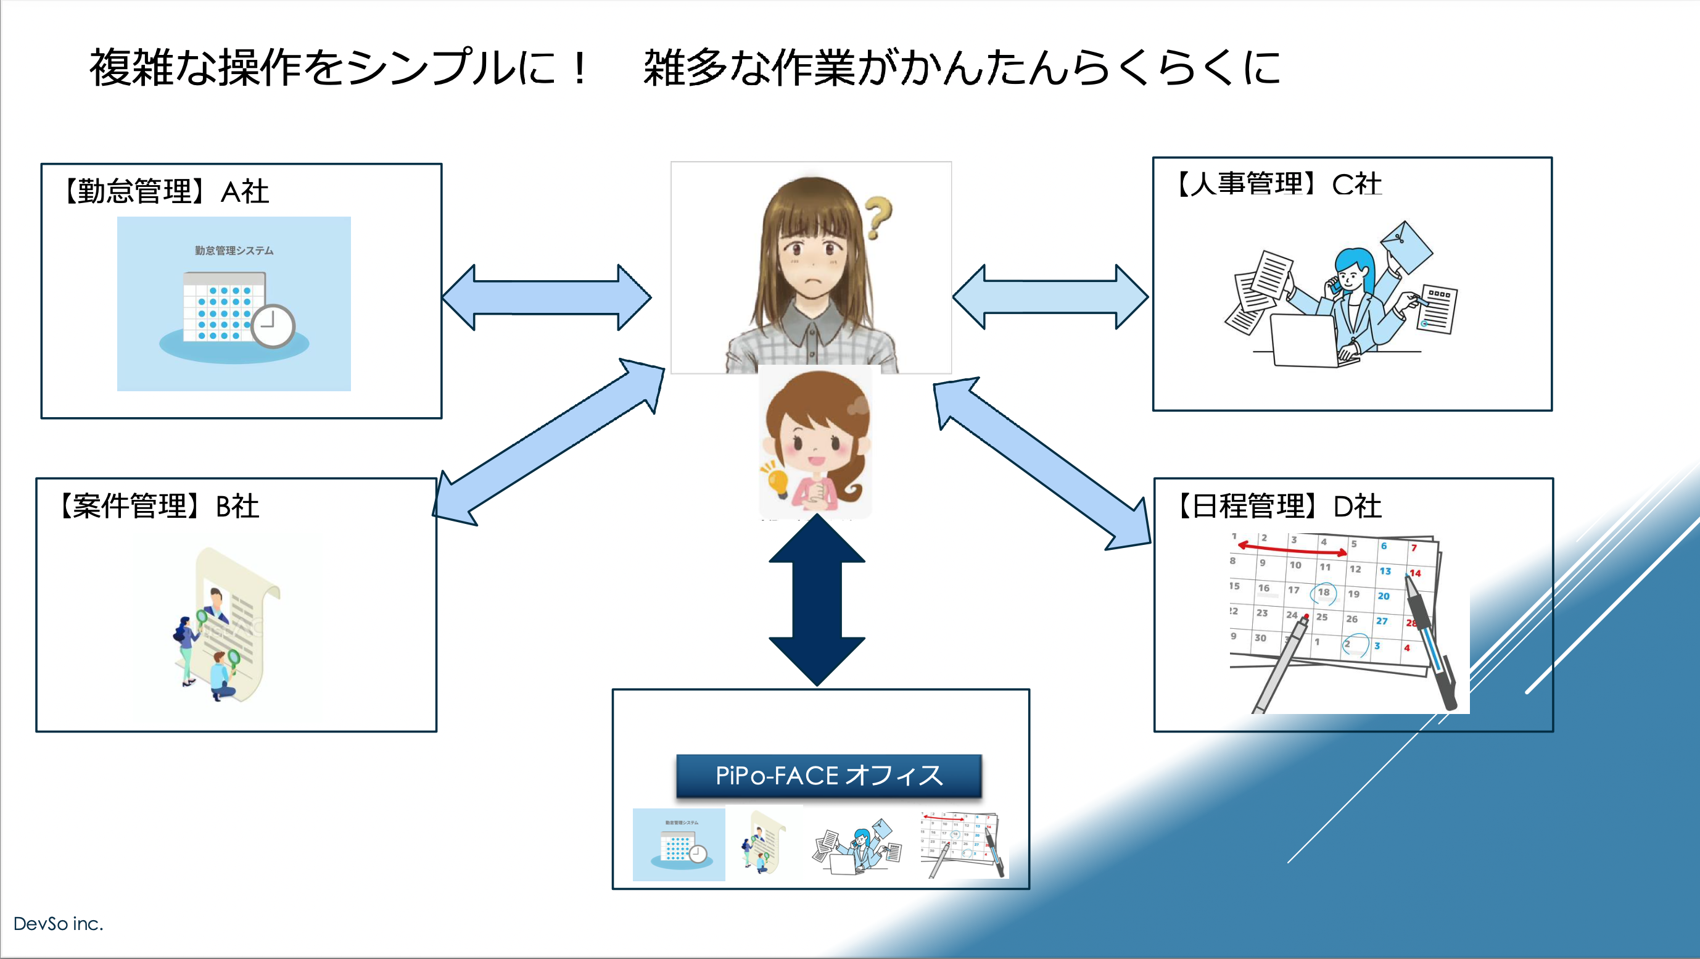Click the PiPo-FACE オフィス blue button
click(829, 776)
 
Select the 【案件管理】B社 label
click(159, 506)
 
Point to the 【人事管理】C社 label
click(1277, 184)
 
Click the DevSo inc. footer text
click(58, 923)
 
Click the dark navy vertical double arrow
click(817, 599)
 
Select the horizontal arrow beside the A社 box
click(547, 297)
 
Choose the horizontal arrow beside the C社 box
click(1050, 297)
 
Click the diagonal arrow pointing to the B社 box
click(548, 442)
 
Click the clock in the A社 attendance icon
click(273, 325)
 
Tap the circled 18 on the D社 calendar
click(1323, 592)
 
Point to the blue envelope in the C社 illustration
click(1406, 247)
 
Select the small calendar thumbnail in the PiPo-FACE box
click(963, 845)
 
